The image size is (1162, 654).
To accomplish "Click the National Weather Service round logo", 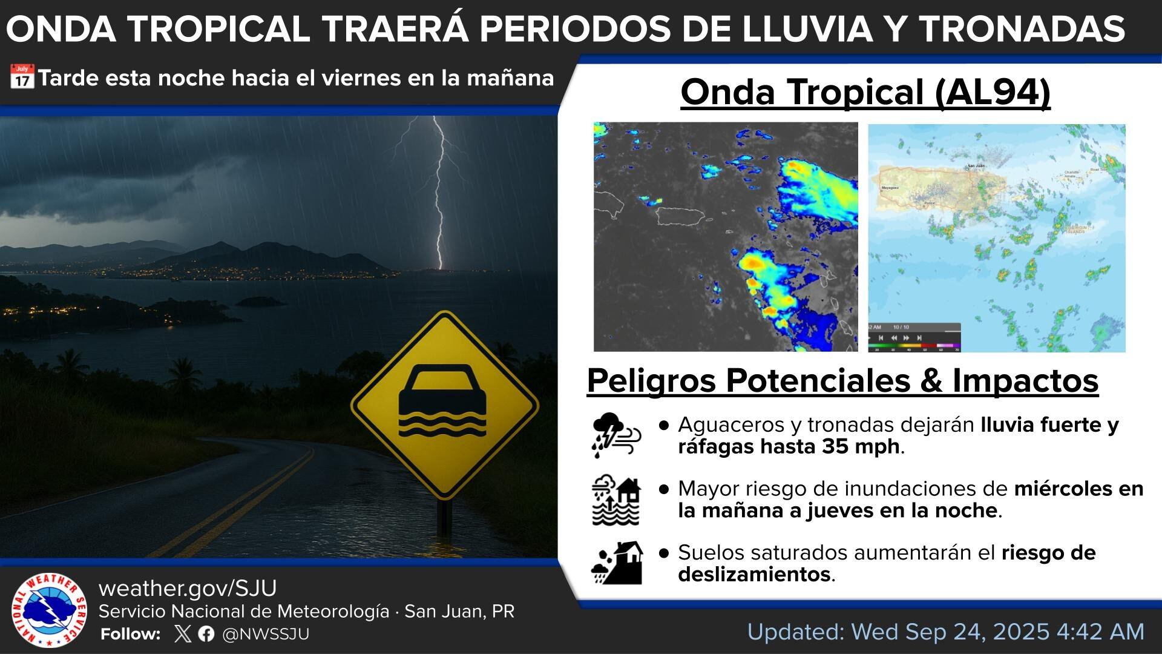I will point(49,610).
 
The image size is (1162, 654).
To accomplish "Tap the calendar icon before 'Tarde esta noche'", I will point(22,78).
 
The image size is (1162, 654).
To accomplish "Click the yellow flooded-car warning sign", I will point(444,405).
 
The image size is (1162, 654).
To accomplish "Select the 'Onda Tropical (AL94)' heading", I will point(865,92).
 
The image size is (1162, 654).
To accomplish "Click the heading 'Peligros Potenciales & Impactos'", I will point(842,381).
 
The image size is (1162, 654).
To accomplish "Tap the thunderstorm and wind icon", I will point(615,435).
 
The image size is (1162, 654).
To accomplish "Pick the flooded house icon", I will point(615,501).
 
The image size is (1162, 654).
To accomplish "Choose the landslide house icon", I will point(617,563).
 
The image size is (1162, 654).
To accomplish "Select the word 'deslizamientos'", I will point(754,574).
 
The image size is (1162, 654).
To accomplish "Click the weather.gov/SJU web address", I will point(188,588).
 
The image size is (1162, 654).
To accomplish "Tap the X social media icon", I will point(182,634).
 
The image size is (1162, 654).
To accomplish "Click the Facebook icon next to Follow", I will point(206,634).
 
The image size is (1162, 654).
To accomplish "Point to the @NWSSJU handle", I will point(266,634).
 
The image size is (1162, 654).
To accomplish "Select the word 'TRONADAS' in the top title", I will point(1022,28).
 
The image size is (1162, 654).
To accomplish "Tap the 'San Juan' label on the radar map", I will point(976,165).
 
